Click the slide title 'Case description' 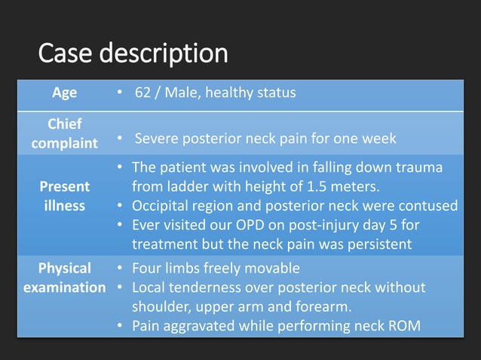point(132,53)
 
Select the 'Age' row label point(64,93)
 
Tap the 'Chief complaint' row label point(64,133)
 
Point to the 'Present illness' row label point(64,195)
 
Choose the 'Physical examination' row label point(64,278)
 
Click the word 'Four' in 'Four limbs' point(147,268)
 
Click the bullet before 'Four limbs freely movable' point(121,268)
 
